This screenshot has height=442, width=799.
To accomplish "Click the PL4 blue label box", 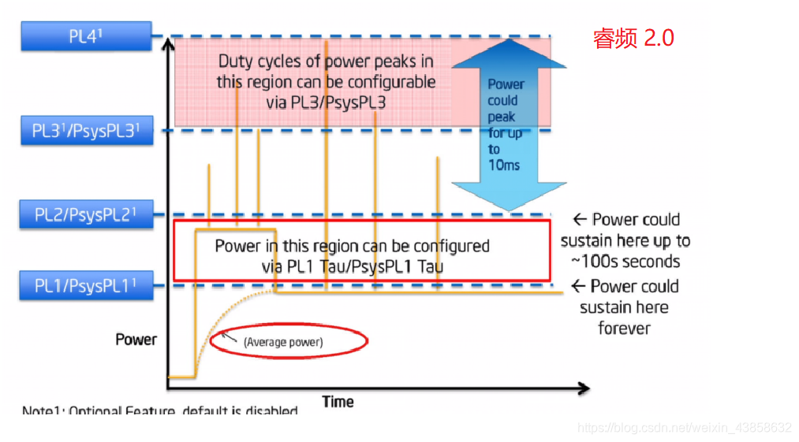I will pos(85,36).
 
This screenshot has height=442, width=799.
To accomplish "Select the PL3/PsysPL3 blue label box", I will pos(85,130).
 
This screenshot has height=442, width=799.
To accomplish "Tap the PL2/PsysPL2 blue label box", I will pos(85,214).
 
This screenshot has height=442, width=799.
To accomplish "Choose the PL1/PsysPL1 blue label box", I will pos(85,284).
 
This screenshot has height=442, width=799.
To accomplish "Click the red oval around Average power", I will pos(289,341).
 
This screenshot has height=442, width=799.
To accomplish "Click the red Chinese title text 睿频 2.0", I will pos(633,38).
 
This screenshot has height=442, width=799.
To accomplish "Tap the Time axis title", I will pos(338,402).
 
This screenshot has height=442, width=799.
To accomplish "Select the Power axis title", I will pos(136,340).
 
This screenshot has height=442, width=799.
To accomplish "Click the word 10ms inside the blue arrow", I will pos(504,165).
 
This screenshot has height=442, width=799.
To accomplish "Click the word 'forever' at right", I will pos(623,328).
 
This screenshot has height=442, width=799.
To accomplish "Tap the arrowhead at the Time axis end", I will pos(583,388).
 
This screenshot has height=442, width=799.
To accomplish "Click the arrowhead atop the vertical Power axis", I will pos(167,43).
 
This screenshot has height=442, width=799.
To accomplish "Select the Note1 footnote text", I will pos(160,411).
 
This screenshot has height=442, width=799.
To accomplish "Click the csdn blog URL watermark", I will pos(684,428).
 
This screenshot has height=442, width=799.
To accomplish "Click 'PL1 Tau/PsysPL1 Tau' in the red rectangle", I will pos(352,266).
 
